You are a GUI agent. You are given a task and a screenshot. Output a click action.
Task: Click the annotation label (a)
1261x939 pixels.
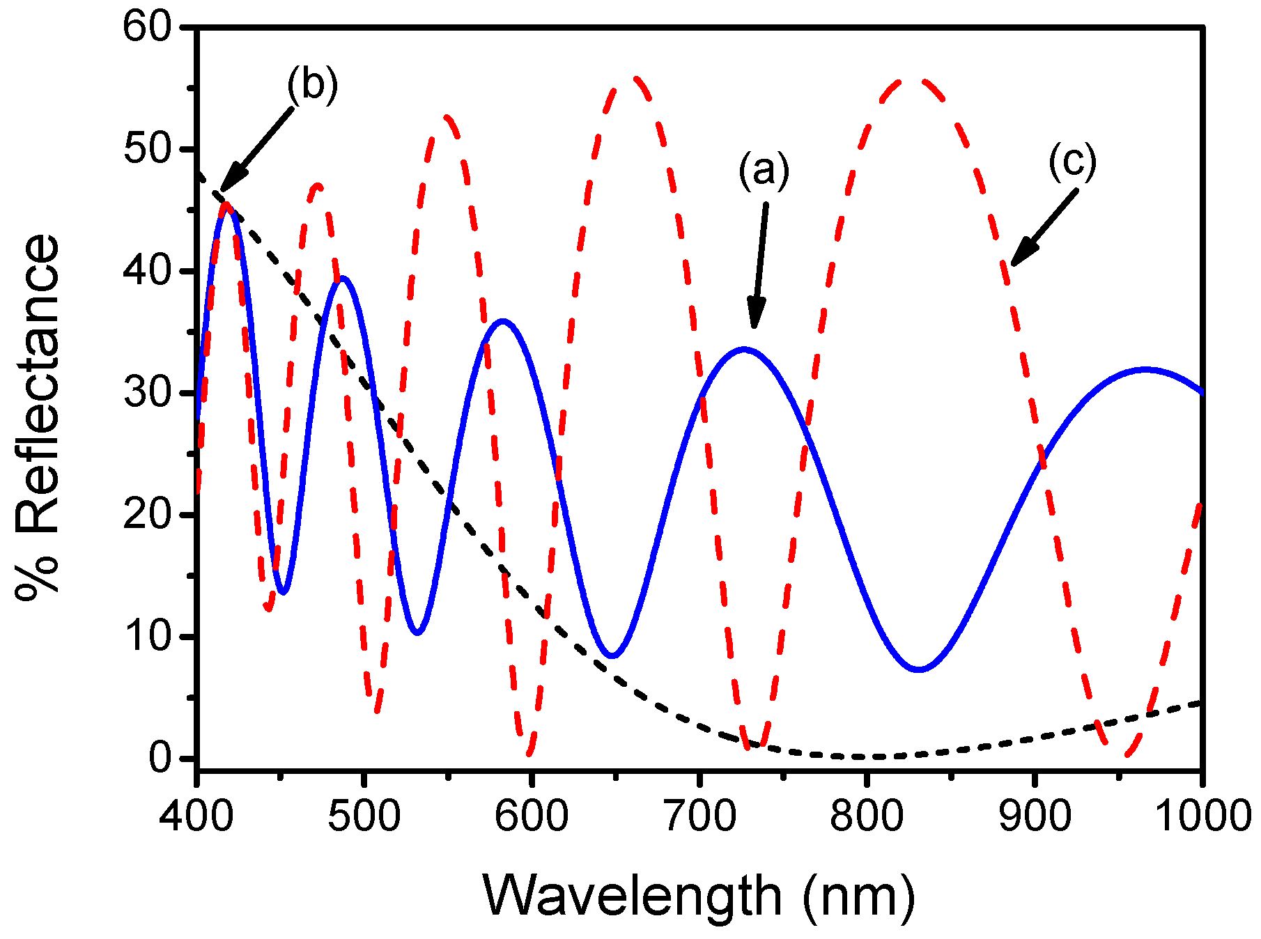764,171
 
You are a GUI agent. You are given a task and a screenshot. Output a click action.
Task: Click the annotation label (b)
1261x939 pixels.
312,85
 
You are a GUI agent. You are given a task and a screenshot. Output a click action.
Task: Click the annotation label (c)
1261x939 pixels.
1072,162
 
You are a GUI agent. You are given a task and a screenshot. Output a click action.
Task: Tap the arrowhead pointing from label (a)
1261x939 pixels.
755,318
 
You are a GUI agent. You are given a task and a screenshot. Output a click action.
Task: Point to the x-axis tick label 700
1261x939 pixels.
699,816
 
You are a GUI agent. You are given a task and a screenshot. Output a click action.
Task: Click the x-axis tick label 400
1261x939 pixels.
196,816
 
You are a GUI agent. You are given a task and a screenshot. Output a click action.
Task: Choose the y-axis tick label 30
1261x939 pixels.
146,394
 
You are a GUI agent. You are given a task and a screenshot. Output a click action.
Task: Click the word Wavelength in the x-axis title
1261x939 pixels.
633,897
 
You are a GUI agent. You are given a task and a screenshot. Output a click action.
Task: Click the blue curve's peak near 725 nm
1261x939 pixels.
744,349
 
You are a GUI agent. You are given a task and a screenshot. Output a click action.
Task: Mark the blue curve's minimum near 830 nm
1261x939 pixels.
920,669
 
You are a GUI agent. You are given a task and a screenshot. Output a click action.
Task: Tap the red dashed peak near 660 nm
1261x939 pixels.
634,79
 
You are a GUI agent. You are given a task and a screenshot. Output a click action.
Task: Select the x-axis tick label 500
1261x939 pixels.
364,816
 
